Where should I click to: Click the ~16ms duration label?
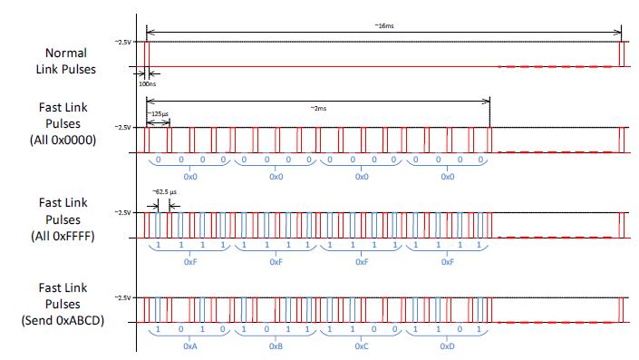coord(384,25)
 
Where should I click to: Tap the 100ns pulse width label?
coord(147,84)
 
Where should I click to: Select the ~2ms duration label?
coord(318,109)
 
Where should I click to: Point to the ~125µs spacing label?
coord(158,114)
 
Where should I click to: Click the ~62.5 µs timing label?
coord(165,191)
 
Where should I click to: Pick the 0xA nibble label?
coord(190,346)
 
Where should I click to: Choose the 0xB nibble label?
coord(276,346)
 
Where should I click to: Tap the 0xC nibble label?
coord(362,346)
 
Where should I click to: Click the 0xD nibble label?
coord(447,346)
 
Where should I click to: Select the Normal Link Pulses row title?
coord(66,61)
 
